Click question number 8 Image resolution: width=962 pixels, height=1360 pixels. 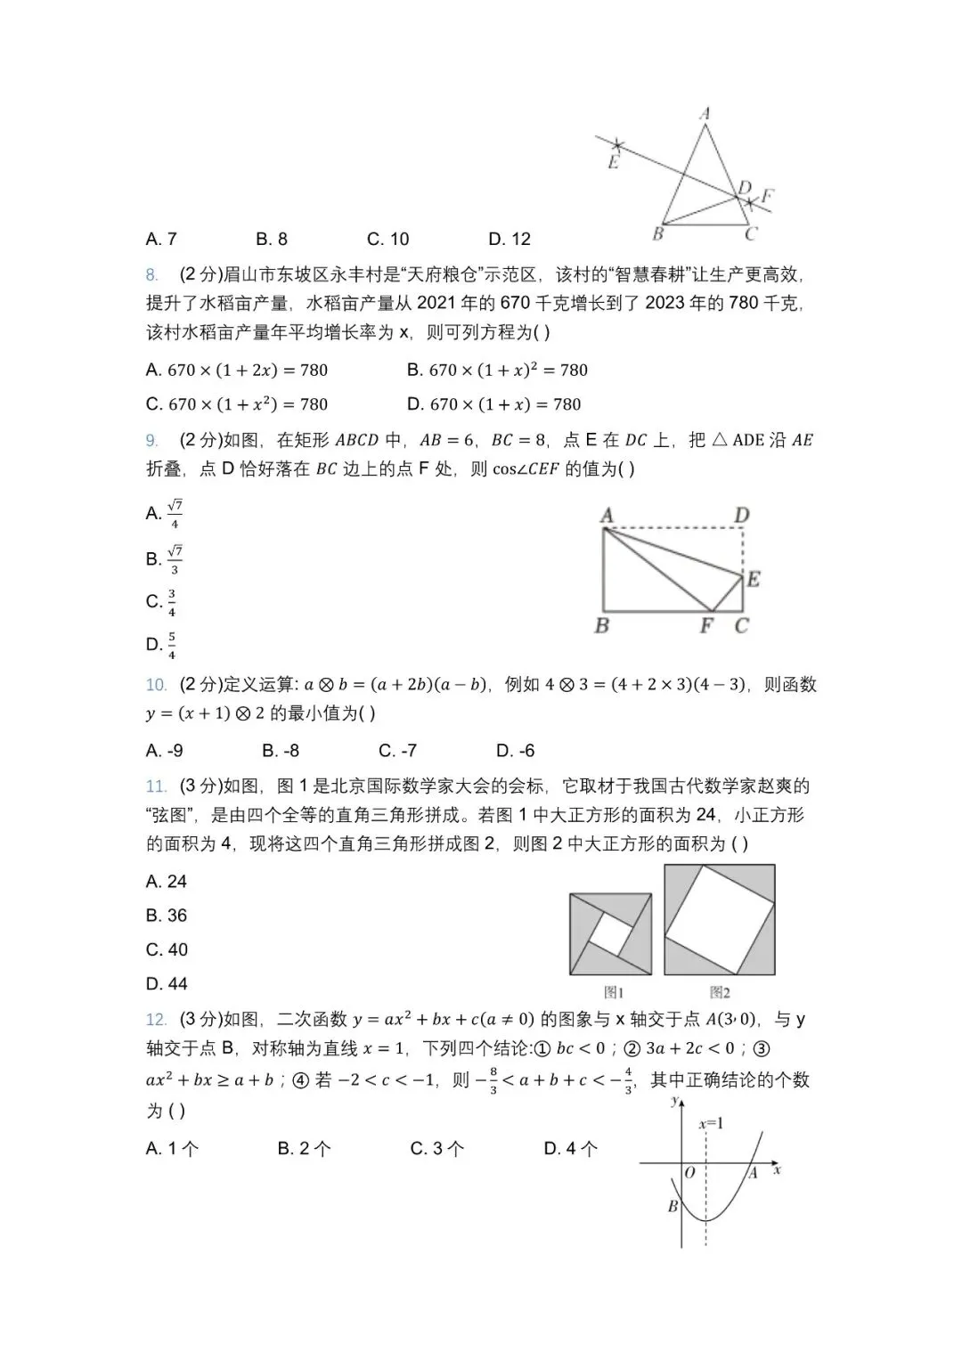pos(151,274)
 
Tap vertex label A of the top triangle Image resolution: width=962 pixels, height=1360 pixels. pos(705,114)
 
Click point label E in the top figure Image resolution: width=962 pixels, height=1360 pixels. pos(613,162)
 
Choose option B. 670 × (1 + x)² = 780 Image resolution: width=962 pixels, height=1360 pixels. pos(497,370)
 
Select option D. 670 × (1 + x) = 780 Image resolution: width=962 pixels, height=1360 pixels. pos(493,404)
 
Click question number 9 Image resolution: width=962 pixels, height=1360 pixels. pos(151,440)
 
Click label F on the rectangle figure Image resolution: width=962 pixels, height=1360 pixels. pos(706,626)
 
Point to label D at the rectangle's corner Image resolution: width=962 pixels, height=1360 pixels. pos(741,515)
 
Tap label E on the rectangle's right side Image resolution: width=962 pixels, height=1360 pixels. pos(753,580)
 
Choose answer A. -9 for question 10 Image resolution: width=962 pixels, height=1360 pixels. pos(164,751)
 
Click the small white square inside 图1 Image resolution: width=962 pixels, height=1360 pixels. pos(610,934)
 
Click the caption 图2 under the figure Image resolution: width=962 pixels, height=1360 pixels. pos(720,992)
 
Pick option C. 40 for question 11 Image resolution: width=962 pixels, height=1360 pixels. pos(167,949)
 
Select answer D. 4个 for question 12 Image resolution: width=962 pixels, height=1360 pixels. pos(570,1149)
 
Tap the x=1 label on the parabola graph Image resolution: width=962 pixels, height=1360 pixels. pos(711,1124)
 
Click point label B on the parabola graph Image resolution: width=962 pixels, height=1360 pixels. pos(673,1206)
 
